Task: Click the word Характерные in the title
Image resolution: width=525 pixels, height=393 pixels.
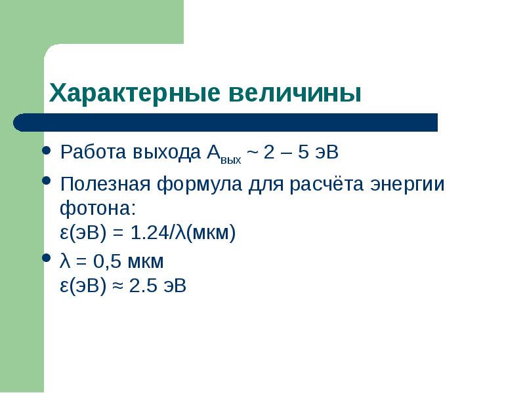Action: tap(135, 92)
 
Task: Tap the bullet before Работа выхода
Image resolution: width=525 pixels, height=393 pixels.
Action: tap(47, 151)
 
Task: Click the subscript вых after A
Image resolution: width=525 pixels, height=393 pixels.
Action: tap(231, 159)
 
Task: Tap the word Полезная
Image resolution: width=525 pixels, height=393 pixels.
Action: tap(105, 184)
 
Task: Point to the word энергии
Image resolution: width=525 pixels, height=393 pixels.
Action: tap(408, 185)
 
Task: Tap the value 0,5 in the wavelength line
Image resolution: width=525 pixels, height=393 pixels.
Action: tap(104, 262)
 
